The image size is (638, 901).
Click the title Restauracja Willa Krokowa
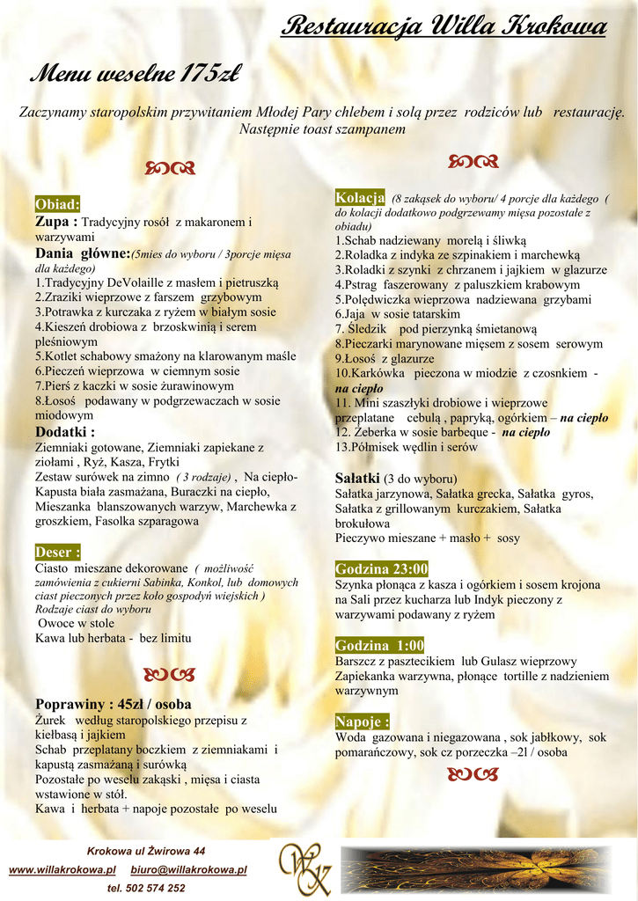pos(444,28)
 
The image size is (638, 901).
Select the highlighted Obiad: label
pos(57,204)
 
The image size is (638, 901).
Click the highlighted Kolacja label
pos(360,196)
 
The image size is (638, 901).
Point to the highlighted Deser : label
pos(58,552)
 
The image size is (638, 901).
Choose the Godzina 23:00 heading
pos(382,568)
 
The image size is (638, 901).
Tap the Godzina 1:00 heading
pos(379,645)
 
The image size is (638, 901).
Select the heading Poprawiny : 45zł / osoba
pos(113,704)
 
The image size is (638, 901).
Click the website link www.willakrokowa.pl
pos(62,869)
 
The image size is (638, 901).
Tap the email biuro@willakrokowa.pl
pos(188,869)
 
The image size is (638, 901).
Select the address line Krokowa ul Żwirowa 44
pos(146,851)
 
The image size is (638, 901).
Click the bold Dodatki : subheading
pos(65,431)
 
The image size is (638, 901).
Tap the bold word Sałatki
pos(357,478)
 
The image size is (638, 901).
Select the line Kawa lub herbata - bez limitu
pos(113,638)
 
